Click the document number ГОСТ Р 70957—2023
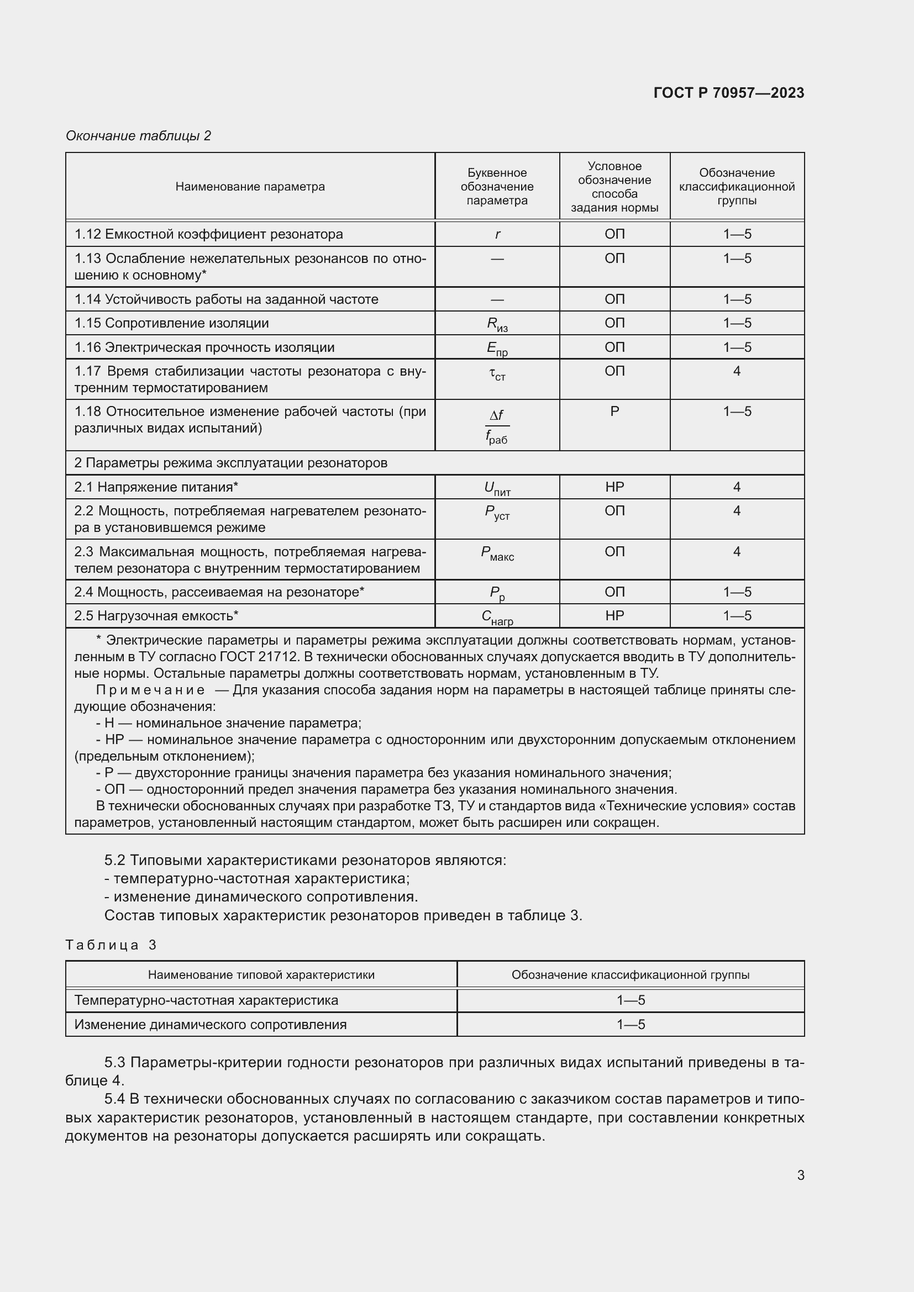point(728,93)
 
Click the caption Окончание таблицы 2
point(138,136)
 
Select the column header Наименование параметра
point(250,186)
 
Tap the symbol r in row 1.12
point(497,234)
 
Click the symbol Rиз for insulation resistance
point(497,324)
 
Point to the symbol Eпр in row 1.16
point(497,349)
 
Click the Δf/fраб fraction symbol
point(497,426)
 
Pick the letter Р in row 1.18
point(614,412)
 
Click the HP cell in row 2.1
point(614,487)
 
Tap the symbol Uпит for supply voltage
point(497,488)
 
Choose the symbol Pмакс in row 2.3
point(497,553)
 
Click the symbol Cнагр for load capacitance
point(497,617)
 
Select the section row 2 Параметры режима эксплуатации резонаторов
point(231,462)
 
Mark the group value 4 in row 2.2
point(736,510)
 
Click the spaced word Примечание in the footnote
point(150,690)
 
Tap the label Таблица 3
point(111,945)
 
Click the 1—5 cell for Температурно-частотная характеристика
point(631,1000)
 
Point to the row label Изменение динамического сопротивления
point(211,1024)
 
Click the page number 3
point(800,1175)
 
